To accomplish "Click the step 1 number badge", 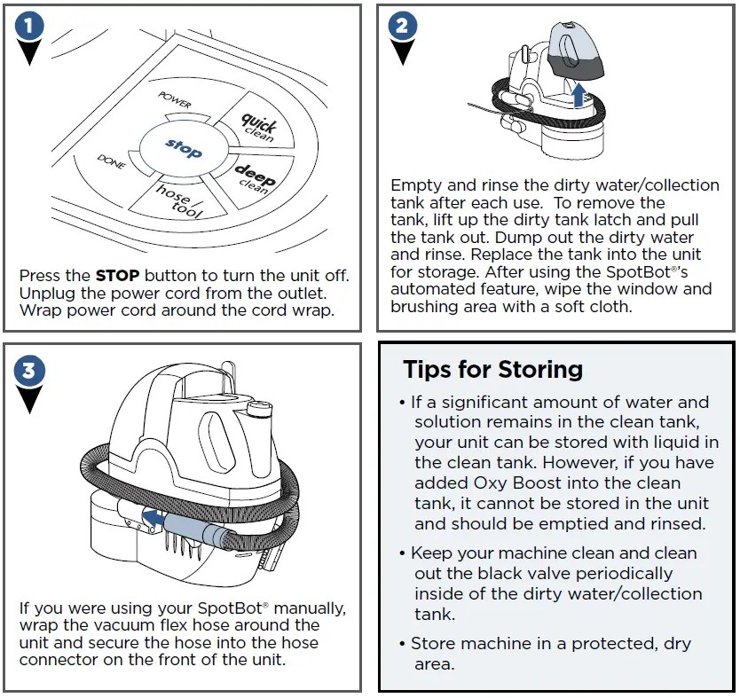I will coord(30,27).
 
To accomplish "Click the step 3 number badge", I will coord(30,370).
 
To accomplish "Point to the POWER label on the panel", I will coord(175,98).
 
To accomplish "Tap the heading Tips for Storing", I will coord(492,369).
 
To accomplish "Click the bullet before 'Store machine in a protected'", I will coord(403,644).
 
